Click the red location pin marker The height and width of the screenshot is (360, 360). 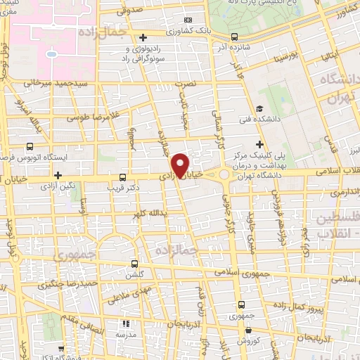click(x=181, y=165)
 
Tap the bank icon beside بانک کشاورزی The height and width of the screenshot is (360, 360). click(x=187, y=21)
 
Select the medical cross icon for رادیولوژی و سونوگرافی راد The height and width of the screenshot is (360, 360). click(x=143, y=37)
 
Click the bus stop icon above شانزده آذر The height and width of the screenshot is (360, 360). click(x=234, y=37)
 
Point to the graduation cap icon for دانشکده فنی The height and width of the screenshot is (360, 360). click(x=259, y=108)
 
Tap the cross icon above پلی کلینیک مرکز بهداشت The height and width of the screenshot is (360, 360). click(x=259, y=143)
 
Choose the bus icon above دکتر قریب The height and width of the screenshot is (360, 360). click(x=124, y=177)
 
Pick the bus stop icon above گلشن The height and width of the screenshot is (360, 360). click(x=134, y=264)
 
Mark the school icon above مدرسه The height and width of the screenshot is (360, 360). click(x=126, y=324)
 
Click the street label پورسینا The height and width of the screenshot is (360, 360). click(x=286, y=53)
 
